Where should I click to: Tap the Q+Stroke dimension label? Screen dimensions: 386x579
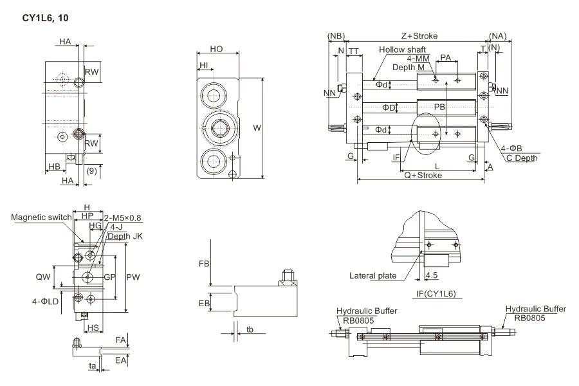pyautogui.click(x=423, y=175)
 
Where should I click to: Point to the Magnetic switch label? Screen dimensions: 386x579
pyautogui.click(x=41, y=217)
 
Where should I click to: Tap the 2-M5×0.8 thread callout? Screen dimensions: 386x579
pyautogui.click(x=124, y=217)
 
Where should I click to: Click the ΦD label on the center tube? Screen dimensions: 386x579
pyautogui.click(x=389, y=107)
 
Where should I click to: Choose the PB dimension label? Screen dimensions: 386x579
pyautogui.click(x=439, y=107)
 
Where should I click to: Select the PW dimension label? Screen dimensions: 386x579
pyautogui.click(x=133, y=277)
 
